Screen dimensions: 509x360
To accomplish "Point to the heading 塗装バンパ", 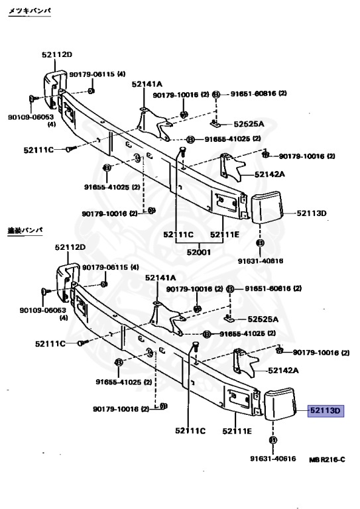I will click(x=25, y=229).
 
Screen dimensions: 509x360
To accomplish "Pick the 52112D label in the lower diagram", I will click(x=70, y=247).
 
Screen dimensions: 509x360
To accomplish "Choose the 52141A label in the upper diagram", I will click(x=146, y=84).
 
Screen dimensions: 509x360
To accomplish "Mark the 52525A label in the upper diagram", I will click(x=249, y=124).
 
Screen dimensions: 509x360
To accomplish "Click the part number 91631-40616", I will click(x=272, y=459).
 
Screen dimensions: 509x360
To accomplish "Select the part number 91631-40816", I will click(x=261, y=260).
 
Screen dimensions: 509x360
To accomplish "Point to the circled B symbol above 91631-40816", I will click(x=260, y=243).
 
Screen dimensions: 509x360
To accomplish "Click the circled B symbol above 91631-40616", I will click(x=272, y=440).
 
